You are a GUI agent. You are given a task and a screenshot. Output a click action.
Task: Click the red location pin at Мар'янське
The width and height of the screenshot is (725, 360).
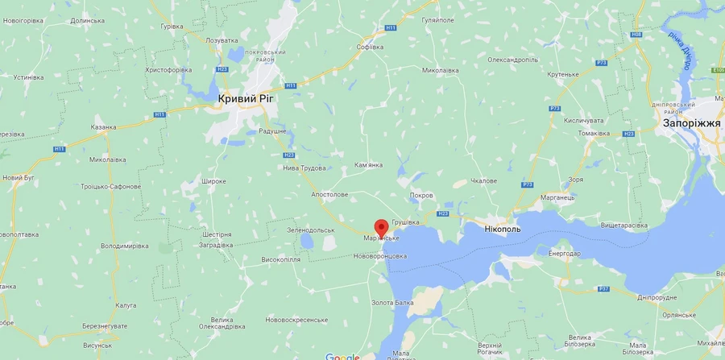pyautogui.click(x=381, y=226)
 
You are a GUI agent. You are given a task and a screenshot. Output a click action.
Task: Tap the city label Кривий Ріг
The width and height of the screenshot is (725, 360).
pyautogui.click(x=249, y=98)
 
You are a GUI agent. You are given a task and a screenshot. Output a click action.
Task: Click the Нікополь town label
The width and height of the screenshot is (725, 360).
pyautogui.click(x=502, y=229)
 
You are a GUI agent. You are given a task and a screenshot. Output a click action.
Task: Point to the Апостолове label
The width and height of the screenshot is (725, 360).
pyautogui.click(x=329, y=195)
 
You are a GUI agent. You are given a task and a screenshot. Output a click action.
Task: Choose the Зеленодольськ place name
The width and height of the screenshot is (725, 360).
pyautogui.click(x=311, y=230)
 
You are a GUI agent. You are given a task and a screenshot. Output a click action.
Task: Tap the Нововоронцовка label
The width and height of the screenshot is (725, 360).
pyautogui.click(x=380, y=256)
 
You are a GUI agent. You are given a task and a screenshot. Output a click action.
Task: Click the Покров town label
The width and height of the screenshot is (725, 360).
pyautogui.click(x=421, y=196)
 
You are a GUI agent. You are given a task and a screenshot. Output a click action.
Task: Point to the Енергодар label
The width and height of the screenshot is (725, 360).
pyautogui.click(x=564, y=254)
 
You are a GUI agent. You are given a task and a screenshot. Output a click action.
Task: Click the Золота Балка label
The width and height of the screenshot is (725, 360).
pyautogui.click(x=392, y=303)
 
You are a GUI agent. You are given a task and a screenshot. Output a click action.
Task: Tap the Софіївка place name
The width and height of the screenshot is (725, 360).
pyautogui.click(x=370, y=47)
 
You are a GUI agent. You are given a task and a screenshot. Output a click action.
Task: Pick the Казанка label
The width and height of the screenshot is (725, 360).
pyautogui.click(x=103, y=127)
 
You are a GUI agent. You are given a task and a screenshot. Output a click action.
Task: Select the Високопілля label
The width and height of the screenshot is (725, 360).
pyautogui.click(x=281, y=259)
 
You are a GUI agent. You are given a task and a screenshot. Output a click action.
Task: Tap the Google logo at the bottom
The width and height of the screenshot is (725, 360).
pyautogui.click(x=342, y=355)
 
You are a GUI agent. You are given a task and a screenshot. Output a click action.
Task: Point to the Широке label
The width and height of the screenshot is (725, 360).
pyautogui.click(x=213, y=181)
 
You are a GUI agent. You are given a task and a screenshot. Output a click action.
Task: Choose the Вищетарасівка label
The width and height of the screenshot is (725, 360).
pyautogui.click(x=623, y=226)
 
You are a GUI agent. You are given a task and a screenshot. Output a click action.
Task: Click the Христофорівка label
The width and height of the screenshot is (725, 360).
pyautogui.click(x=168, y=70)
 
